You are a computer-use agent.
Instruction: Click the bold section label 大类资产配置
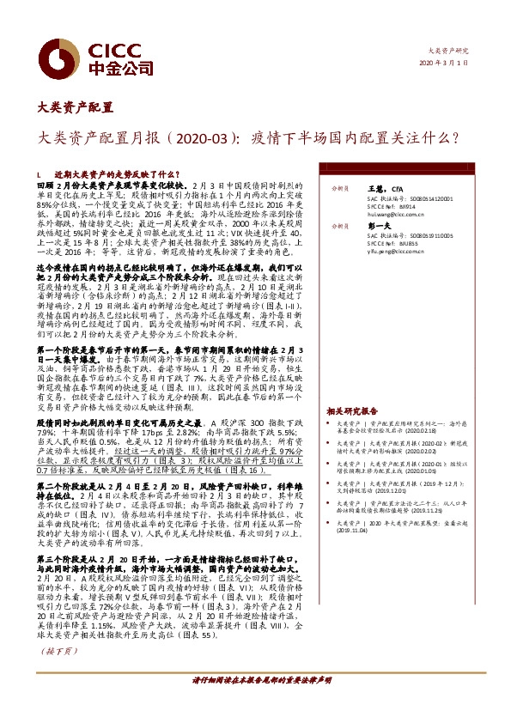(76, 107)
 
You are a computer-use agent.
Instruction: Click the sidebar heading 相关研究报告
(352, 411)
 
